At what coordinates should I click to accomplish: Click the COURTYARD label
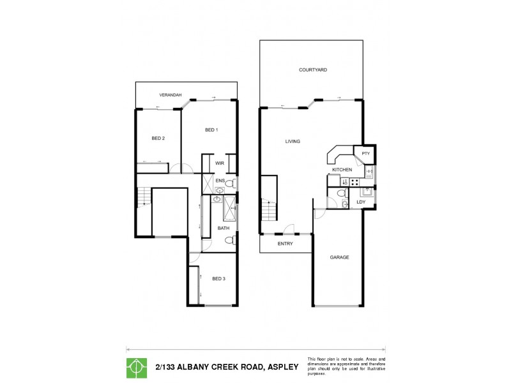click(x=312, y=70)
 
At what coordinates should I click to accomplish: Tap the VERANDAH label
click(x=171, y=95)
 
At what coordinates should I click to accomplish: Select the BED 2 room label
click(x=158, y=138)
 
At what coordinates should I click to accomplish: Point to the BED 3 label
click(x=219, y=278)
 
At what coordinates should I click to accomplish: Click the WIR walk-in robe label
click(x=219, y=163)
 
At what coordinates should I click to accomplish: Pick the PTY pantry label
click(x=365, y=154)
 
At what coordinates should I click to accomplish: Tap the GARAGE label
click(x=339, y=257)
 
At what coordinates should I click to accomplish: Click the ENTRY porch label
click(x=285, y=244)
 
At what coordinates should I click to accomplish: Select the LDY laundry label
click(x=360, y=202)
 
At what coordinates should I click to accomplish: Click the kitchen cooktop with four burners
click(x=337, y=181)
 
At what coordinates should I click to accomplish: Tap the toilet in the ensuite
click(x=231, y=184)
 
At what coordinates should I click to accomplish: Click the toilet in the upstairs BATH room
click(x=231, y=241)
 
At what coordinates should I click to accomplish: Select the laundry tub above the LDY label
click(x=367, y=191)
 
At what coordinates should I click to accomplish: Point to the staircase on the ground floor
click(x=268, y=207)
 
